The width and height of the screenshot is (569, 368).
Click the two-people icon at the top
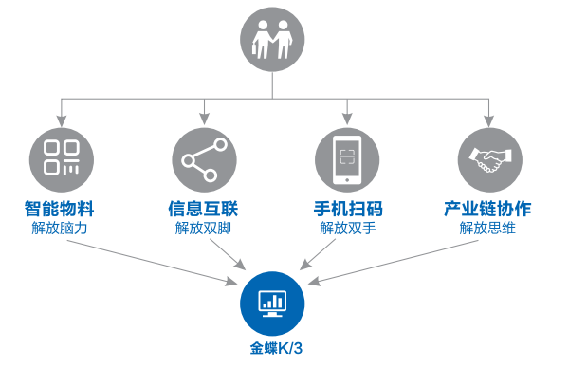(x=272, y=39)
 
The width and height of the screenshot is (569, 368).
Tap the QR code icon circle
(x=62, y=159)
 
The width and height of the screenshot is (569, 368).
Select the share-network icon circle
(x=204, y=159)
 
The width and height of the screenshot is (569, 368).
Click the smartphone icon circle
(x=347, y=159)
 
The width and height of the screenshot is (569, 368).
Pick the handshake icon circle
(x=490, y=159)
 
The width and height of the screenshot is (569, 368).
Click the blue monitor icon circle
(x=272, y=304)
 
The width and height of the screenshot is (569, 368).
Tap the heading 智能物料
(x=60, y=209)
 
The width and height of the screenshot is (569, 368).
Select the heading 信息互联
(x=203, y=209)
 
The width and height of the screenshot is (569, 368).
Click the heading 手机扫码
(x=348, y=209)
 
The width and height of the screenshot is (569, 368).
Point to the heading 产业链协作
(x=487, y=209)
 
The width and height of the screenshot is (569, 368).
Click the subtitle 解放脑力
(x=60, y=228)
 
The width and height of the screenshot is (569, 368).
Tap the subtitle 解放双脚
(x=203, y=228)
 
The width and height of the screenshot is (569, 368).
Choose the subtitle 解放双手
(x=348, y=228)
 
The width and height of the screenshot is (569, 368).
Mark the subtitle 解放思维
(x=487, y=228)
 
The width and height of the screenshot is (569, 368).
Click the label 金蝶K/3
(x=276, y=348)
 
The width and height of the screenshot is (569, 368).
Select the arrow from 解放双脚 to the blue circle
(x=228, y=254)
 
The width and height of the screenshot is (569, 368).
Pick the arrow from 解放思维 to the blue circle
(x=394, y=262)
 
